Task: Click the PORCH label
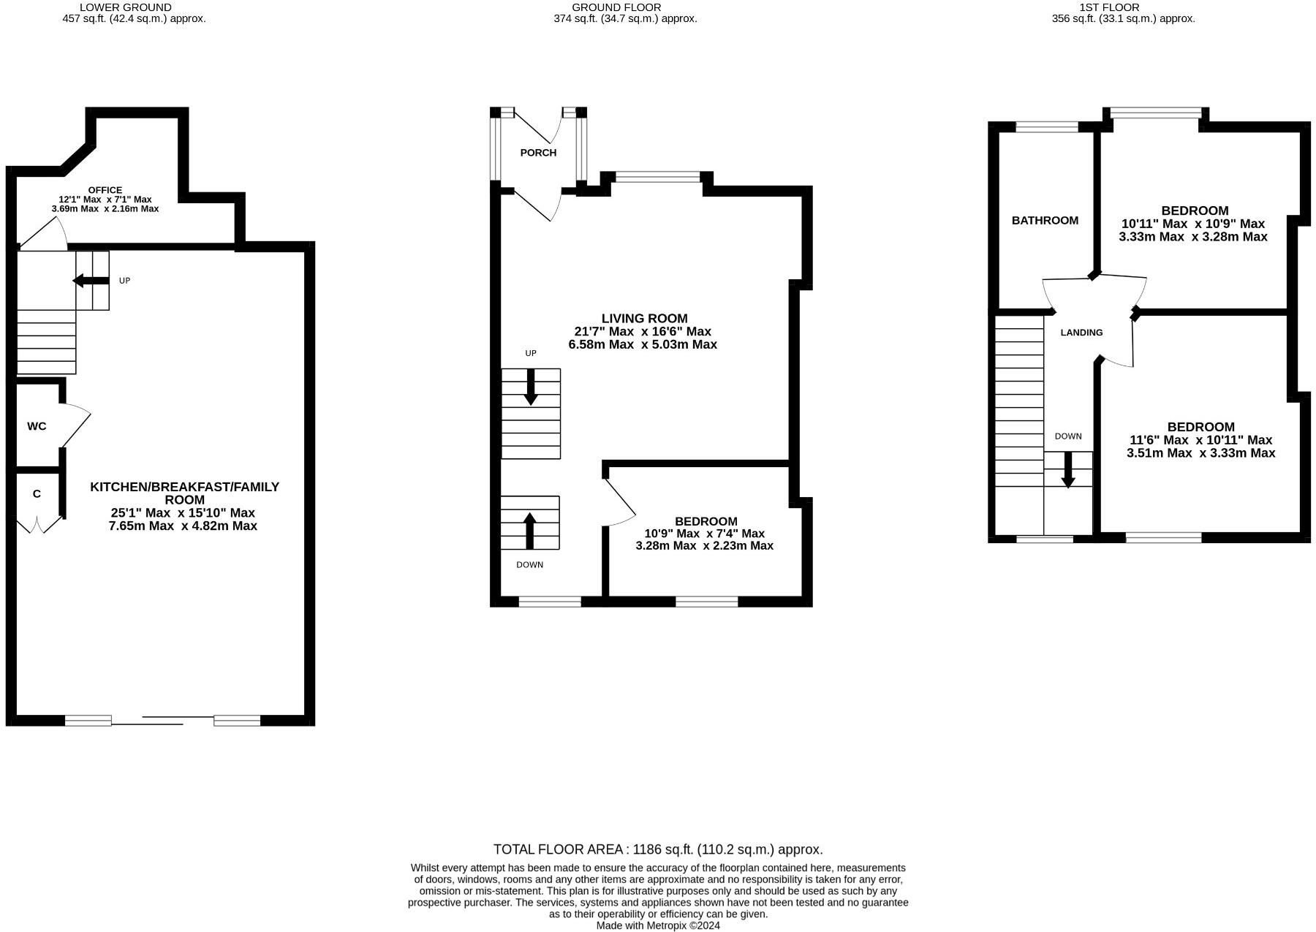[x=538, y=153]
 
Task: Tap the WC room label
[x=37, y=426]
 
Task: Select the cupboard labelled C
[x=37, y=494]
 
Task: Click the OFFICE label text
[x=105, y=190]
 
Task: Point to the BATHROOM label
[x=1045, y=221]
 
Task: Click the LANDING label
[x=1081, y=333]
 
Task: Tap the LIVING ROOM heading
[x=644, y=319]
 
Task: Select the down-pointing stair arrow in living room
[x=531, y=387]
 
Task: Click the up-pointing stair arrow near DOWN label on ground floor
[x=530, y=531]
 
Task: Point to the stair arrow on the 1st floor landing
[x=1068, y=470]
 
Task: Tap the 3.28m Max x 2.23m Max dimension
[x=704, y=546]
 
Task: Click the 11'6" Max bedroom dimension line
[x=1200, y=440]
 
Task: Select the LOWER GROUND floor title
[x=125, y=7]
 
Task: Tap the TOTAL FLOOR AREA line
[x=658, y=849]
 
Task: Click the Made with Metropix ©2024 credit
[x=658, y=925]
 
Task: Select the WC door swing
[x=76, y=425]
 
